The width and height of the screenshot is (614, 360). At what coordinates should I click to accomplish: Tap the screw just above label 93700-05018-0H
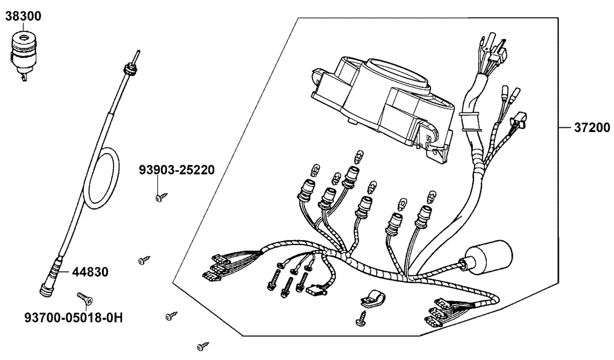[x=85, y=299]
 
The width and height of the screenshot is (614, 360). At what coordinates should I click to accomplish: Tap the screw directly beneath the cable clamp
[x=361, y=320]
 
